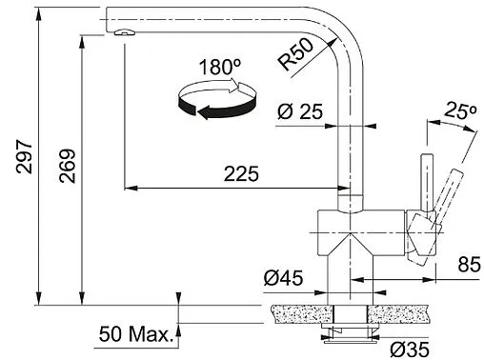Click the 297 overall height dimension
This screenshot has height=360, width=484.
tap(25, 155)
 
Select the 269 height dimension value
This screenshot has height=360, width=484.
tap(67, 169)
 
